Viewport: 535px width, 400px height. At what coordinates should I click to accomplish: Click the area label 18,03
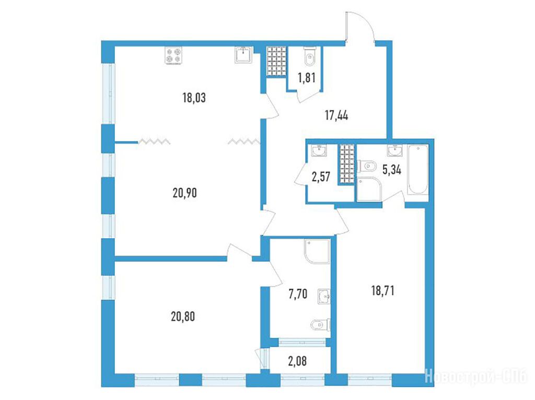194,98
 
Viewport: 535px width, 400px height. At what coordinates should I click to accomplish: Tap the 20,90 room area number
184,193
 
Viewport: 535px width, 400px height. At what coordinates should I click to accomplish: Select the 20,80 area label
183,316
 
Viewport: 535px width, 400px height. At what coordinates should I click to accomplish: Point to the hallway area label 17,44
336,115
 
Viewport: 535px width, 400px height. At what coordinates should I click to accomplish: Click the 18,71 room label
382,291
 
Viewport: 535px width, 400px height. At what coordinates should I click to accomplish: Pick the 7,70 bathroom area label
298,293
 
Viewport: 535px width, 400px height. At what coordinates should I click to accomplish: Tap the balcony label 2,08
297,361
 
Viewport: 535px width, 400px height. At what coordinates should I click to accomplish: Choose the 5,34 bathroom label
392,170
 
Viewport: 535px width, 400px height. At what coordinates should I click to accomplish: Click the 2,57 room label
321,177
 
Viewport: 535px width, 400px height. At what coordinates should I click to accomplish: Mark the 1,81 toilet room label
306,78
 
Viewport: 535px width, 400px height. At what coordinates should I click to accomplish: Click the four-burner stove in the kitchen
173,55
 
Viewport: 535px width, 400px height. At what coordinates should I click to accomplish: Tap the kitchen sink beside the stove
243,54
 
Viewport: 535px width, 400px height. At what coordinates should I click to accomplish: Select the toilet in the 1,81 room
309,56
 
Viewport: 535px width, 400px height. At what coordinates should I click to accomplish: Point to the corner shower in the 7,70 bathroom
317,252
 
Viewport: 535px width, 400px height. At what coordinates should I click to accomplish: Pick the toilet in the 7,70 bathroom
321,325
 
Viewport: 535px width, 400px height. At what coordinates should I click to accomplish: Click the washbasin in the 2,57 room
319,150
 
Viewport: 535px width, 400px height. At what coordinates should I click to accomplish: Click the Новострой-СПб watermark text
478,377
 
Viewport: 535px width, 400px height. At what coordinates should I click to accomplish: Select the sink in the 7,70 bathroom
324,296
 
